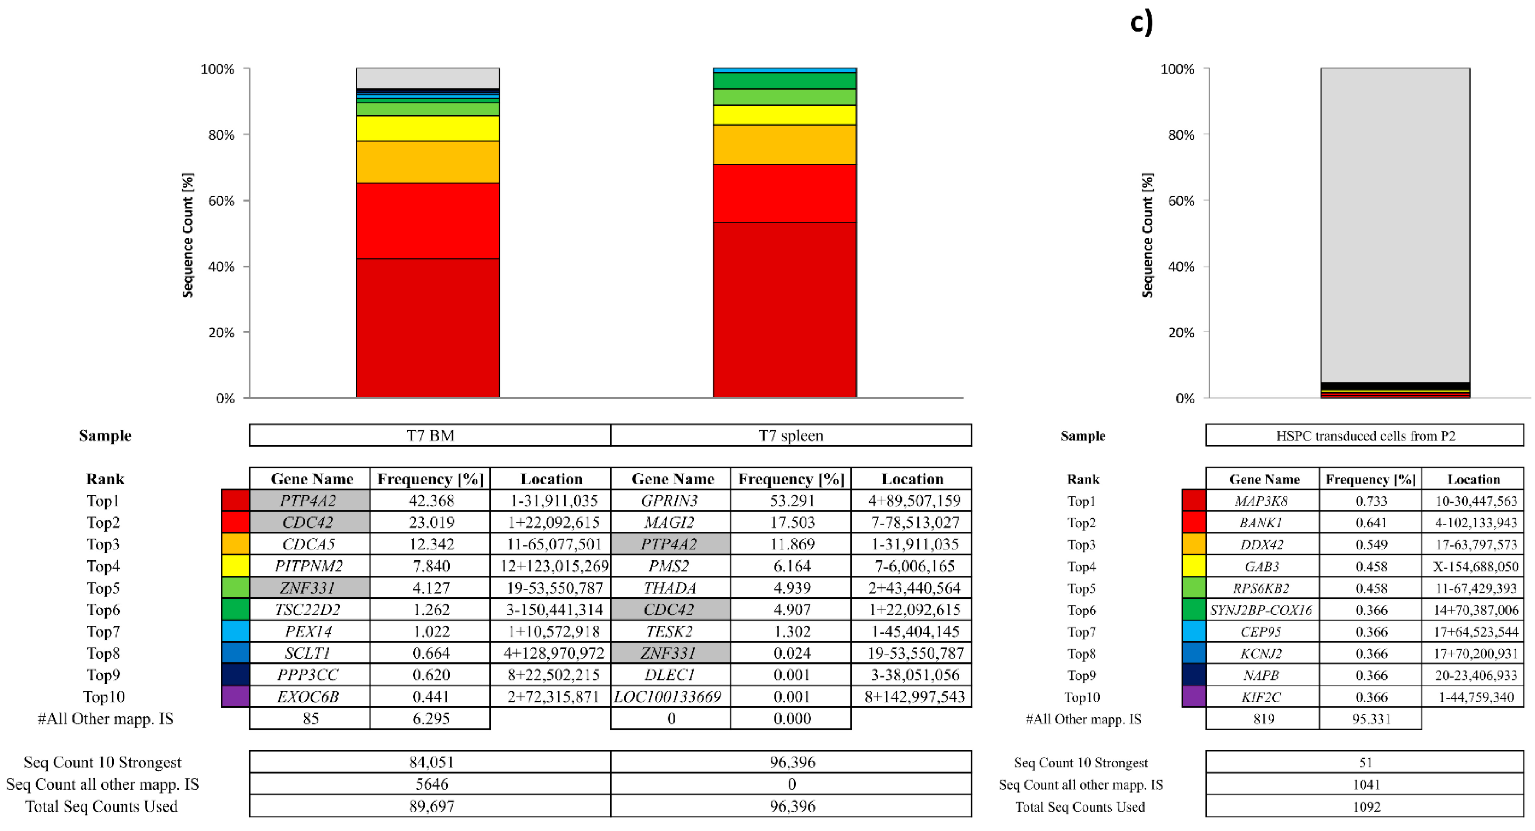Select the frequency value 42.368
tap(431, 501)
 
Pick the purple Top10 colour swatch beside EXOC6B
tap(235, 696)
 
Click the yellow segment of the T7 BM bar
tap(427, 128)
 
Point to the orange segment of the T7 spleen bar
tap(784, 144)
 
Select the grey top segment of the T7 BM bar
tap(427, 78)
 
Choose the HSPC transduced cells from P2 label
tap(1365, 436)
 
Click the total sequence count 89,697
tap(431, 806)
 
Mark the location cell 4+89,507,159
tap(913, 501)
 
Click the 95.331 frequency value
tap(1371, 719)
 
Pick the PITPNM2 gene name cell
tap(309, 566)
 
